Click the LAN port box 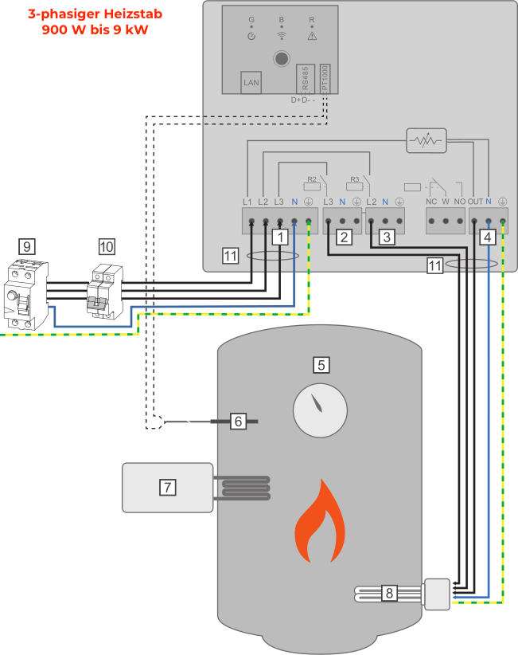[x=251, y=84]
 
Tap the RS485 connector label [x=305, y=80]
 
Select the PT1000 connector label [x=325, y=80]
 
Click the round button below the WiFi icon [x=280, y=58]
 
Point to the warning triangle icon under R [x=311, y=36]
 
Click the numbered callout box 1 [x=279, y=237]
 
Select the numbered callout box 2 [x=344, y=237]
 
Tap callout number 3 [x=387, y=237]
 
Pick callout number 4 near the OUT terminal [x=488, y=237]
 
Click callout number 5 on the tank [x=321, y=364]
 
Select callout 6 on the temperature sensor [x=238, y=421]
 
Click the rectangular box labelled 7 [x=167, y=487]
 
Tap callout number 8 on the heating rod [x=388, y=593]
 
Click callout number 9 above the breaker [x=27, y=247]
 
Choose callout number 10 [x=107, y=247]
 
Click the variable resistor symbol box [x=426, y=141]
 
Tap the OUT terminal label [x=475, y=202]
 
